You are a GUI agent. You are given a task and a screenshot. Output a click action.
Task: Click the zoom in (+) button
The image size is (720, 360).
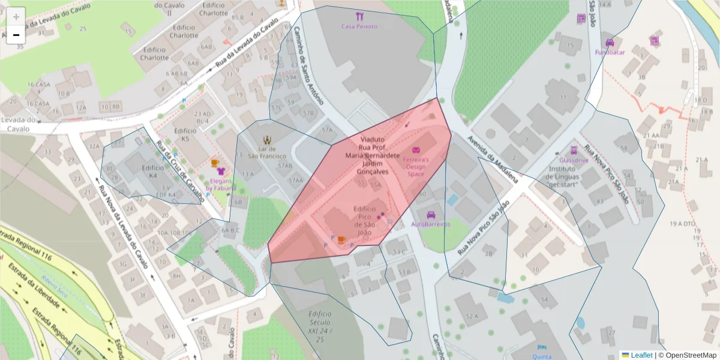[x=16, y=17]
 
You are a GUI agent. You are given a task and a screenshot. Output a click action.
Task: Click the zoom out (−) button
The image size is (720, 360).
[x=16, y=35]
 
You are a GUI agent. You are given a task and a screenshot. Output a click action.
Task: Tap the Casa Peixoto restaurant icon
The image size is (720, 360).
[x=359, y=16]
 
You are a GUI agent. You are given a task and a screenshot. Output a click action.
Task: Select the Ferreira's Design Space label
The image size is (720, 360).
[x=416, y=167]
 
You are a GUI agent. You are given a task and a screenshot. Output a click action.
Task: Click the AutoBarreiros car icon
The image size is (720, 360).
[x=431, y=215]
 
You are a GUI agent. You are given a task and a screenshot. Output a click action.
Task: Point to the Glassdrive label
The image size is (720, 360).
[x=574, y=161]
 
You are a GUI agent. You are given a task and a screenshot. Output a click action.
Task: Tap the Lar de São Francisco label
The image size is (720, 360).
[x=267, y=152]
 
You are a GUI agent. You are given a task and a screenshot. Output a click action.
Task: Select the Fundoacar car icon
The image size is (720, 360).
[x=610, y=43]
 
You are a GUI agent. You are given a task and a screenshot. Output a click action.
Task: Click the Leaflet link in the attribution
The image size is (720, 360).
[x=641, y=355]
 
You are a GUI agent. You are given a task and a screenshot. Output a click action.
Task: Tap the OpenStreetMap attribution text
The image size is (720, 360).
[x=688, y=355]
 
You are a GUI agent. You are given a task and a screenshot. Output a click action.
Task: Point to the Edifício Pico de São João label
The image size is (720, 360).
[x=365, y=220]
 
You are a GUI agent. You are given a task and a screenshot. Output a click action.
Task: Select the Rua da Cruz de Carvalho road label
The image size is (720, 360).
[x=180, y=170]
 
